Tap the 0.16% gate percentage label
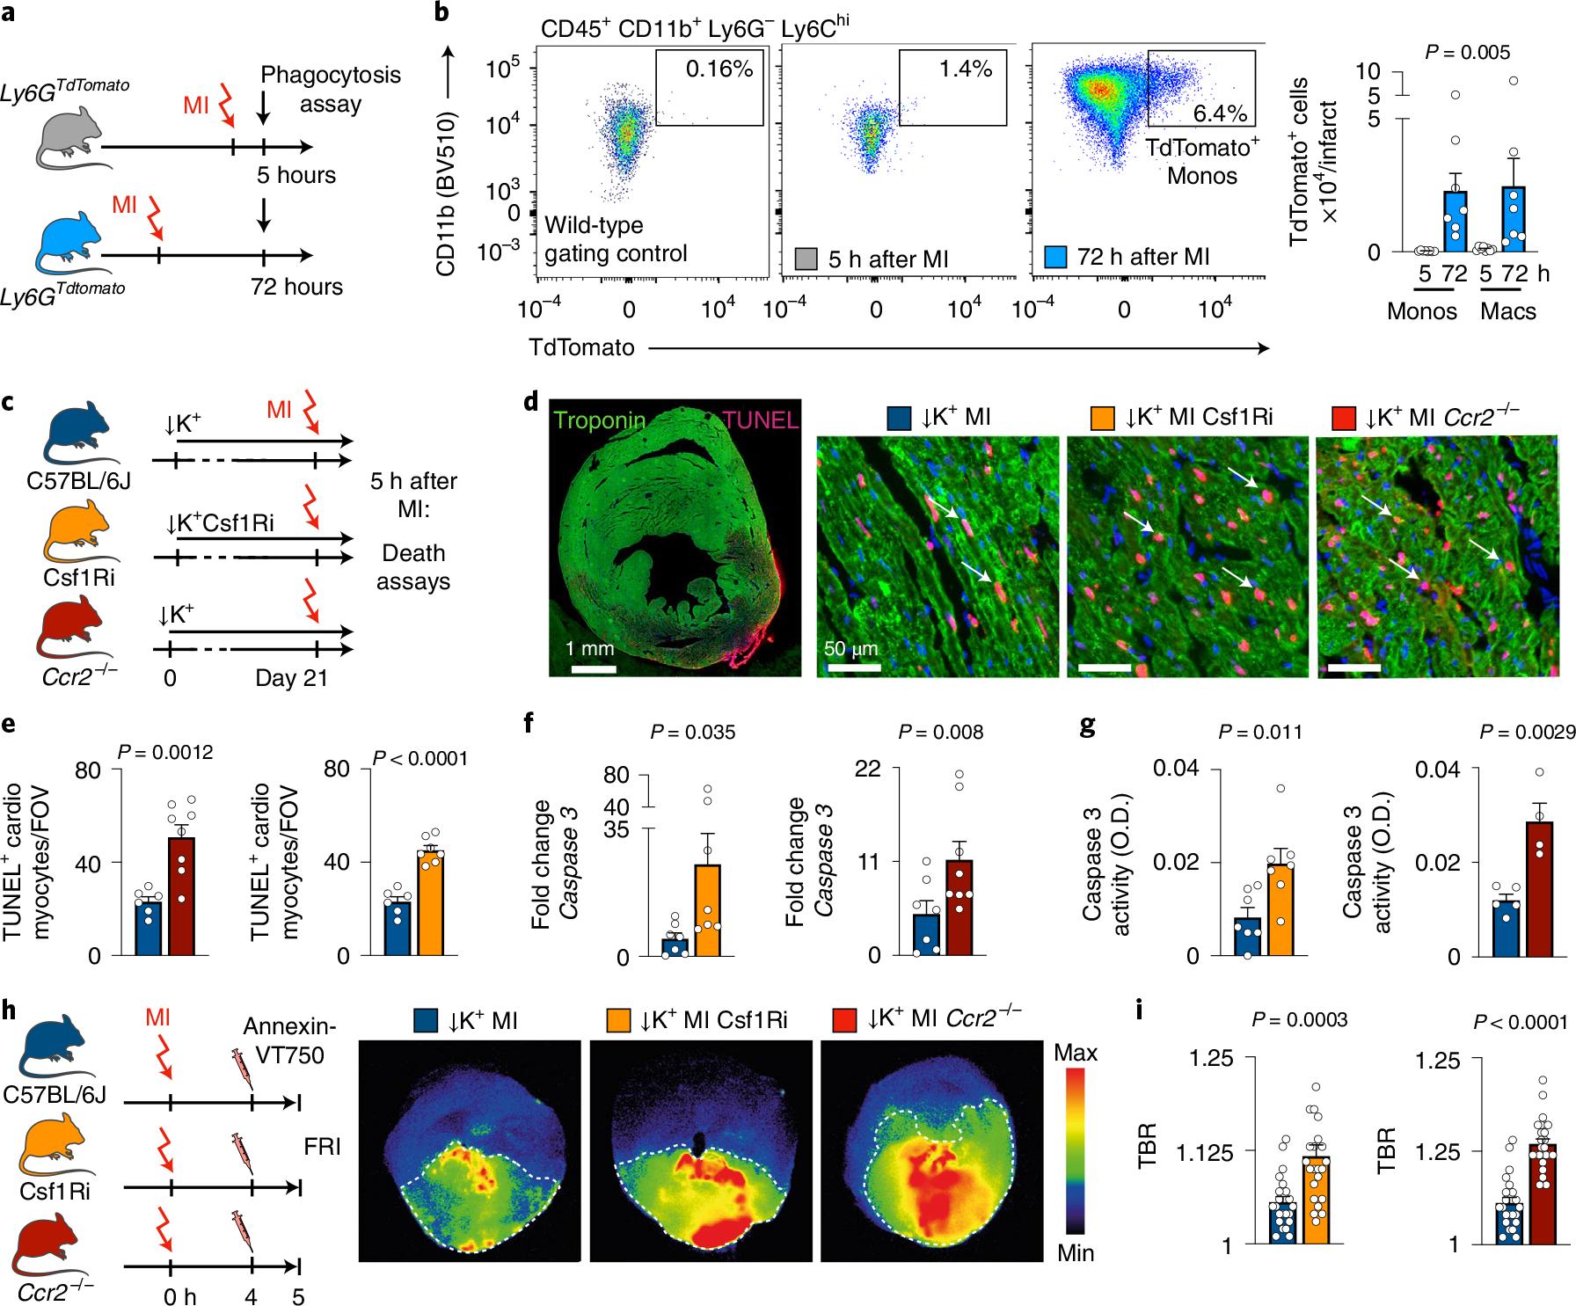click(719, 69)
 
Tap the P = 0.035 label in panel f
click(692, 732)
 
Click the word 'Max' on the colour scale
click(1076, 1051)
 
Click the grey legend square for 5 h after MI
click(804, 257)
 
